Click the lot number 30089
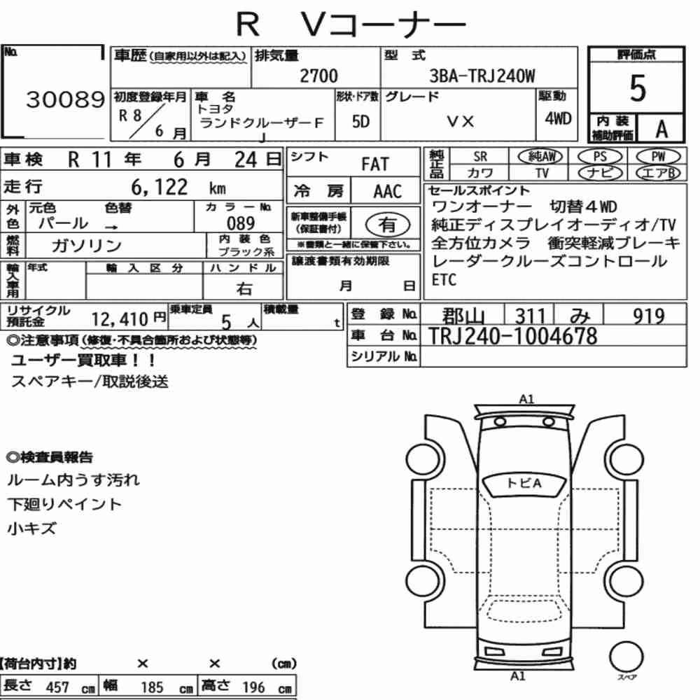(x=65, y=99)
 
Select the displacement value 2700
(x=318, y=76)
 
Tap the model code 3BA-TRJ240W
(x=482, y=76)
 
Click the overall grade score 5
(x=638, y=88)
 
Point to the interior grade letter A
(x=661, y=129)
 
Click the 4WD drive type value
(x=558, y=118)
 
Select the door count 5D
(x=360, y=121)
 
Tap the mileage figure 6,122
(x=160, y=187)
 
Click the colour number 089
(x=241, y=223)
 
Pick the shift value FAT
(x=375, y=164)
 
